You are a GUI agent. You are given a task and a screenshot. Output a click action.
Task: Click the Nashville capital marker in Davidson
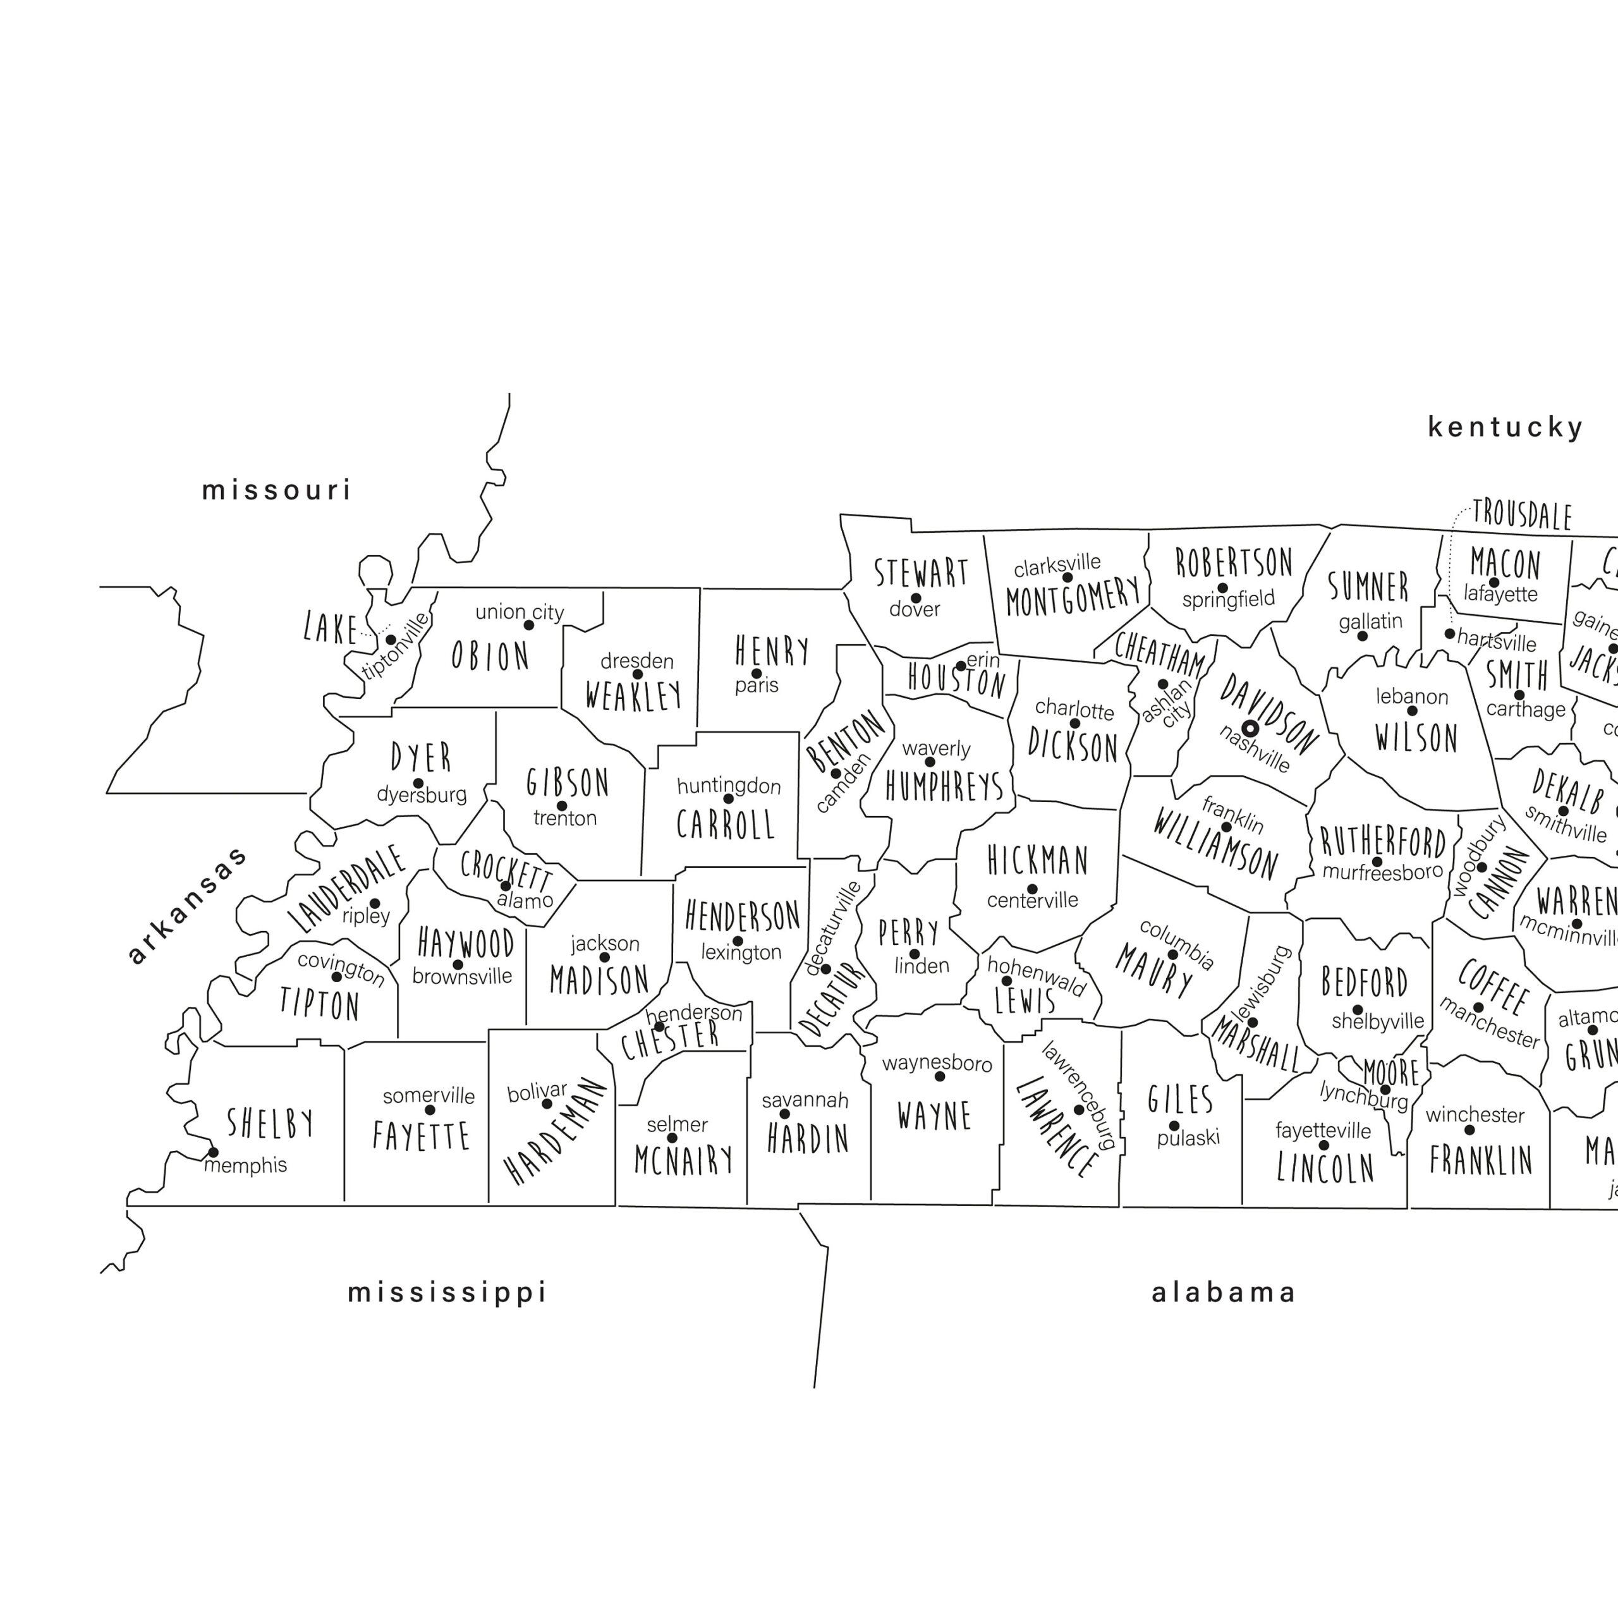click(1250, 729)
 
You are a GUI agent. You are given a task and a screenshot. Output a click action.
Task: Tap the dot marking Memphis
click(214, 1152)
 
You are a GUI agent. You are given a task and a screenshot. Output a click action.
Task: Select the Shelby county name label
click(271, 1123)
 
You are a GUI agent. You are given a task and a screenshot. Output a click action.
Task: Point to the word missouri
click(276, 490)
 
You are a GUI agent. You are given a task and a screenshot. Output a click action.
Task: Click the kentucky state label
click(1505, 427)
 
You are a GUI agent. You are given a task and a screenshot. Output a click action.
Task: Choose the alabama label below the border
click(1224, 1293)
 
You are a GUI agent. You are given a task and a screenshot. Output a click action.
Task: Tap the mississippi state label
click(447, 1293)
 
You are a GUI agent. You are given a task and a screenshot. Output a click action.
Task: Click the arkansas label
click(188, 904)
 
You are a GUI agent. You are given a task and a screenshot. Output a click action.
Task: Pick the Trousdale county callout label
click(1522, 514)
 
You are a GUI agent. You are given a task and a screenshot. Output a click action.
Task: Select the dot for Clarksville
click(1067, 578)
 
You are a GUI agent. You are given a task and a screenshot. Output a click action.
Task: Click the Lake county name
click(331, 628)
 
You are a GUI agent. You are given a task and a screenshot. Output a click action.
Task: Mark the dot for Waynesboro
click(940, 1076)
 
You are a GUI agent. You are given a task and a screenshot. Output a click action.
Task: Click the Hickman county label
click(1038, 860)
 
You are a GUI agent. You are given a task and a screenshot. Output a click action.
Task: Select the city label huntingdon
click(729, 786)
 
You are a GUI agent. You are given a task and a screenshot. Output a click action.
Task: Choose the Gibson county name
click(568, 783)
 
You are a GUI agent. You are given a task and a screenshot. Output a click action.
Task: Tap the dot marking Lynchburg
click(1385, 1090)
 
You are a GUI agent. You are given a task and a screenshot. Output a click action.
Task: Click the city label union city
click(520, 612)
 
